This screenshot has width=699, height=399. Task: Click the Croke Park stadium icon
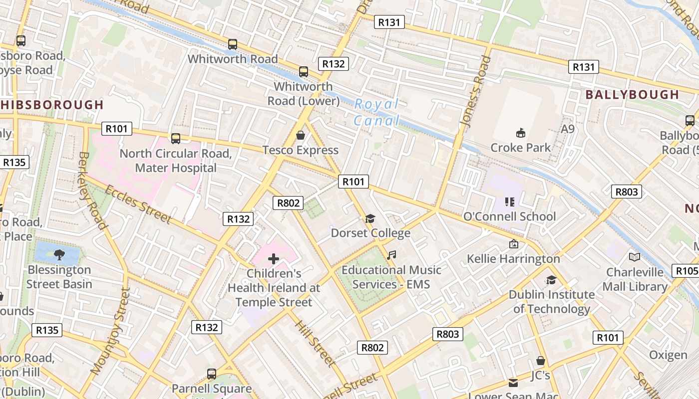coord(520,133)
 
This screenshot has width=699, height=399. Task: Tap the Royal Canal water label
coord(377,112)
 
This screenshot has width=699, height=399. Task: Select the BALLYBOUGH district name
coord(632,95)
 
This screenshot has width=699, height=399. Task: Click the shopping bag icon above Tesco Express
coord(301,135)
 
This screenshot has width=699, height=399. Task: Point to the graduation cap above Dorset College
coord(370,218)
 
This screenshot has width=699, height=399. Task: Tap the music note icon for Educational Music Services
coord(391,255)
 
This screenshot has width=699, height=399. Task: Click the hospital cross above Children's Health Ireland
coord(273,258)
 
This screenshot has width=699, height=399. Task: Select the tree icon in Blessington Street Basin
coord(59,255)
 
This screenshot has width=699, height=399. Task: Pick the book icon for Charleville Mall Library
coord(635,257)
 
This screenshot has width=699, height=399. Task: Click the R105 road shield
coord(686,271)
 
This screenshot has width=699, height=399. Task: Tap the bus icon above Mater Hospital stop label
coord(175,138)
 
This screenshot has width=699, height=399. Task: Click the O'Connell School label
coord(509,216)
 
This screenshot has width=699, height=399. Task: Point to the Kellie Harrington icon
coord(513,244)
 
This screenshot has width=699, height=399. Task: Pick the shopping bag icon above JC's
coord(540,361)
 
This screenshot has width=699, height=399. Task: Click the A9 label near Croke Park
coord(568,129)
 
